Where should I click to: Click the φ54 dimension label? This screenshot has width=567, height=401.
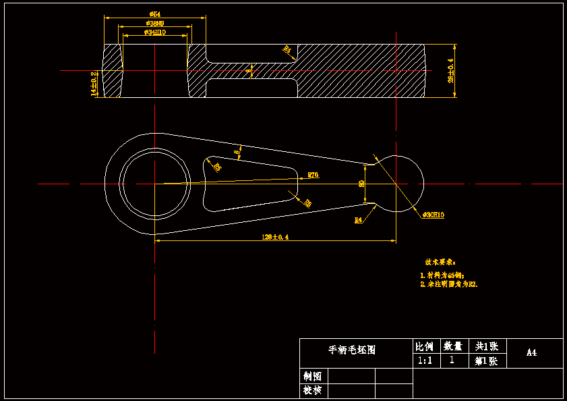pos(154,14)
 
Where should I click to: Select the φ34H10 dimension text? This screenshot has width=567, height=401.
pos(155,32)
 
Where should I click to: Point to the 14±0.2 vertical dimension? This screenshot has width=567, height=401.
pos(94,84)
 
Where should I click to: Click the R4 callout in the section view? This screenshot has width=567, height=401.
pos(287,49)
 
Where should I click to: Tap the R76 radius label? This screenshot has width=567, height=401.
pos(313,175)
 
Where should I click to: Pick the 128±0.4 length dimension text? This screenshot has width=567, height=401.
pos(275,236)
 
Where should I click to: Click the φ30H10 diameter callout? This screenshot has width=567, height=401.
pos(434,215)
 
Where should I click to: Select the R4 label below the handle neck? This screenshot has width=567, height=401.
pos(358,220)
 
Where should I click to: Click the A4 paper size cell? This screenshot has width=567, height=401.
pos(531,352)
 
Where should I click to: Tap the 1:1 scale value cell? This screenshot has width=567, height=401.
pos(425,360)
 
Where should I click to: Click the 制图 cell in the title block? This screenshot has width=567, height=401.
pos(312,376)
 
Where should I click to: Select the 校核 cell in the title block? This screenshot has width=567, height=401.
pos(312,390)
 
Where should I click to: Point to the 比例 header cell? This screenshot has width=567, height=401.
pos(425,346)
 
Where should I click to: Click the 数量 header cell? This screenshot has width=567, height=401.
pos(452,346)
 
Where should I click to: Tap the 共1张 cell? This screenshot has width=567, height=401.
pos(485,346)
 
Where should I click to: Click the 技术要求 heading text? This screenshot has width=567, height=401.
pos(440,262)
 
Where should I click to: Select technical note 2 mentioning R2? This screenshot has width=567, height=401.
pos(448,285)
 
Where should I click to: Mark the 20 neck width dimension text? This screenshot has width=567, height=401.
pos(361,183)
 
